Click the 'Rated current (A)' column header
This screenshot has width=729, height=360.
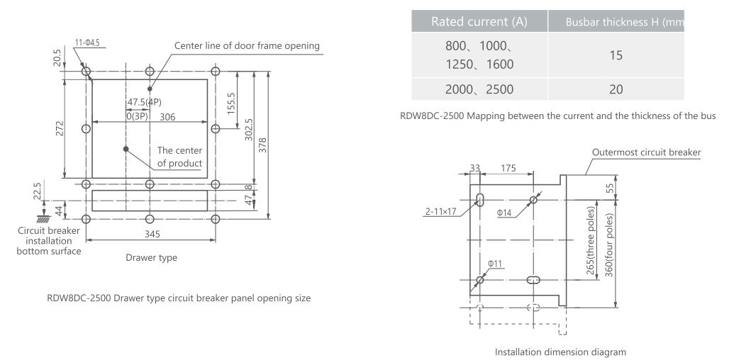click(x=479, y=22)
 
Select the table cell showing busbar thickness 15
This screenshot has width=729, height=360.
click(x=616, y=55)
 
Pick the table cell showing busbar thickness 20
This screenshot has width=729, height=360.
click(x=616, y=89)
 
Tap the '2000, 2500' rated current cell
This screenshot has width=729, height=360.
click(x=479, y=89)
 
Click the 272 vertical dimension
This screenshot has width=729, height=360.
click(x=60, y=128)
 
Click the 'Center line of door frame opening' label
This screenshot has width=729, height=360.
click(x=247, y=46)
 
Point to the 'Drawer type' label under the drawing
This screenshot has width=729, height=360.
click(x=151, y=258)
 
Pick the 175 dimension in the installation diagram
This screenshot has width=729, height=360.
click(x=508, y=169)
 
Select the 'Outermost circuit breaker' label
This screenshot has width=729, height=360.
click(x=646, y=152)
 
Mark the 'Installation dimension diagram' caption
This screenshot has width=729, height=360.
click(x=560, y=351)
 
